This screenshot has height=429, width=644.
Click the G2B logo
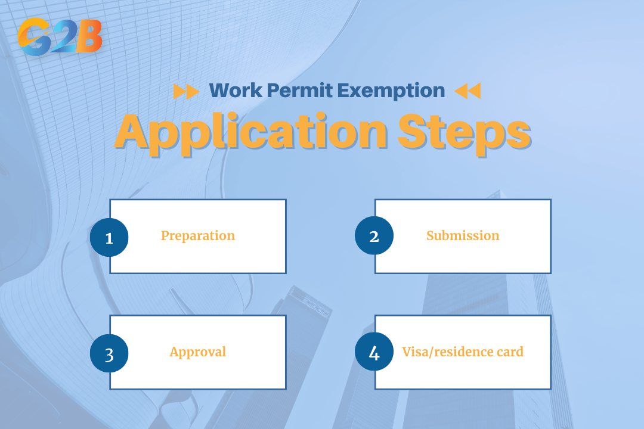pyautogui.click(x=60, y=37)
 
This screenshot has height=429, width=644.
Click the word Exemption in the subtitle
pyautogui.click(x=391, y=91)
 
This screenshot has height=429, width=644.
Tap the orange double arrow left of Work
pyautogui.click(x=186, y=91)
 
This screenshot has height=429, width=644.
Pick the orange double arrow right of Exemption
pyautogui.click(x=467, y=91)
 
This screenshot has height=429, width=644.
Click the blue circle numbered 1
pyautogui.click(x=109, y=237)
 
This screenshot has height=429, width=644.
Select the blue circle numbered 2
pyautogui.click(x=374, y=236)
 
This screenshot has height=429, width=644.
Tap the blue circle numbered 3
pyautogui.click(x=109, y=353)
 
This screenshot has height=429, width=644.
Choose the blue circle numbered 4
pyautogui.click(x=374, y=352)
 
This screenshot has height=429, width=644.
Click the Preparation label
pyautogui.click(x=198, y=236)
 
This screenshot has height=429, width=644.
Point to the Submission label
pyautogui.click(x=463, y=236)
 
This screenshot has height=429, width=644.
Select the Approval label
pyautogui.click(x=198, y=352)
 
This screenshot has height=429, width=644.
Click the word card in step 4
pyautogui.click(x=509, y=352)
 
